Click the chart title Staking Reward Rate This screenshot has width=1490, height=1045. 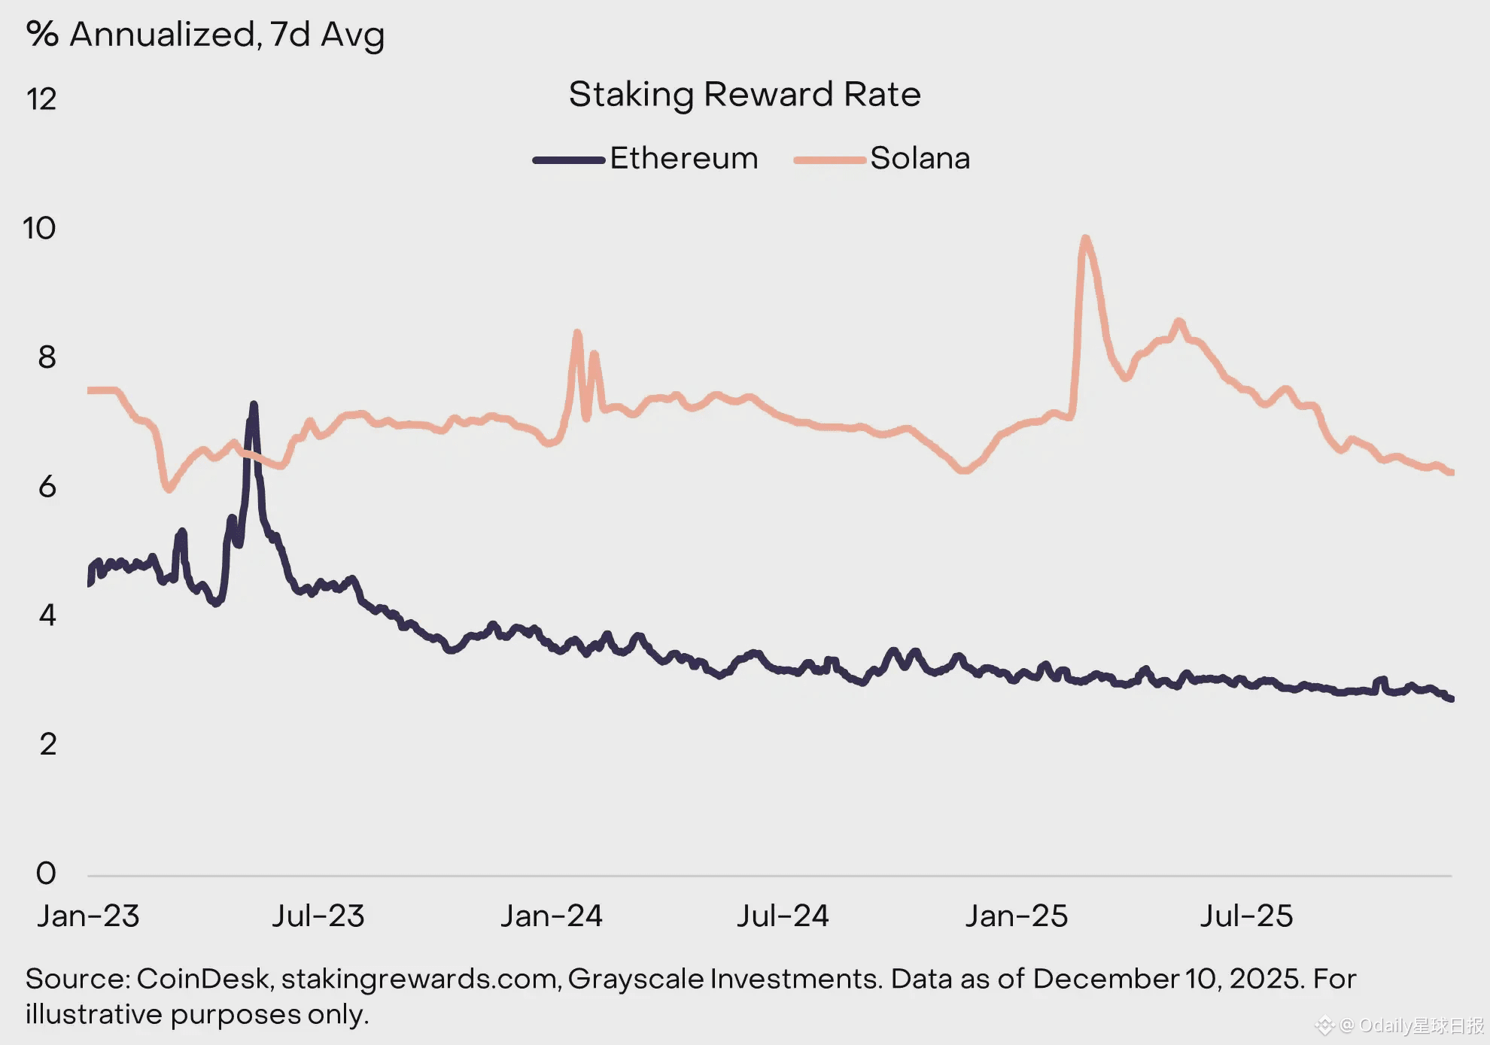tap(744, 95)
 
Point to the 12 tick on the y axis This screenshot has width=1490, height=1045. tap(41, 99)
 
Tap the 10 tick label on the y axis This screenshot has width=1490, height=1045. tap(40, 228)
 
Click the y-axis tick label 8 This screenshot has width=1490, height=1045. tap(47, 357)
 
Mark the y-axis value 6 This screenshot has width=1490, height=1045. tap(47, 487)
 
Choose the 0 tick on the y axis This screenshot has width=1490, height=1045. tap(46, 873)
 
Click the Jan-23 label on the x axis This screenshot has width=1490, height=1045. tap(88, 916)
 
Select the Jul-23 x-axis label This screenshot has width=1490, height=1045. tap(318, 916)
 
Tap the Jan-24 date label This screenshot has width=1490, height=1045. tap(552, 916)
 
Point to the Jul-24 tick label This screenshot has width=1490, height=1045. tap(783, 916)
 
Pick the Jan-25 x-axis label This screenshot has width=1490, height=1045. tap(1017, 916)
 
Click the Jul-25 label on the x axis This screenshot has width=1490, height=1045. tap(1247, 916)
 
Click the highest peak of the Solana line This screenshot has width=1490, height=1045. tap(1084, 238)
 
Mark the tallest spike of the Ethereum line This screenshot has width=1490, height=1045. tap(254, 406)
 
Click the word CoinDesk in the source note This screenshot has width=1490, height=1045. tap(202, 979)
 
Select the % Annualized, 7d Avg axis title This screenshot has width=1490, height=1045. tap(205, 35)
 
